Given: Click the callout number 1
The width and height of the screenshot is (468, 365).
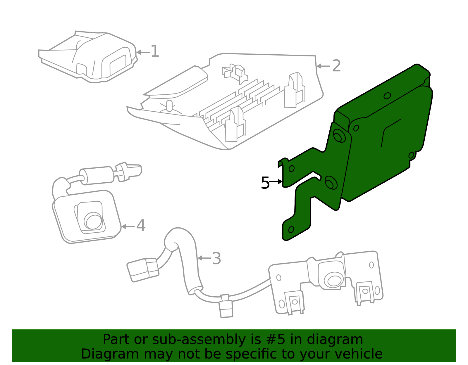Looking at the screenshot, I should click(x=155, y=51).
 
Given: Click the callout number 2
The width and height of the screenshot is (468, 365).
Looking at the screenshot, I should click(x=336, y=66).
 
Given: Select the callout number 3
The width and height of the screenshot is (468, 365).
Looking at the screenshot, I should click(x=216, y=259).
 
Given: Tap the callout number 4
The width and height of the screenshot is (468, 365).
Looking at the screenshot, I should click(x=141, y=226).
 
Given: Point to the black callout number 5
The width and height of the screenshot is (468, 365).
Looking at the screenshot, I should click(x=265, y=183).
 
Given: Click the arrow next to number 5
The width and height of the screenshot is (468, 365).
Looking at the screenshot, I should click(x=276, y=182).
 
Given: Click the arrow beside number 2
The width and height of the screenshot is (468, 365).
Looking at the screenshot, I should click(x=323, y=66).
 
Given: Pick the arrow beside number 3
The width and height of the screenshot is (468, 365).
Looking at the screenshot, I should click(x=204, y=258).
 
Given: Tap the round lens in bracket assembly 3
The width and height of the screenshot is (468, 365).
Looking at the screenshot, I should click(x=333, y=280).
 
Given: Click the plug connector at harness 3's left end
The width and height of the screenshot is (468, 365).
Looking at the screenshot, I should click(x=143, y=269).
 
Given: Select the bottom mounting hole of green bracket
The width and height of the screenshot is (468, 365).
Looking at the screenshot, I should click(x=291, y=229).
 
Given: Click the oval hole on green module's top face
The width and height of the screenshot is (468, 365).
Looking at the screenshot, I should click(x=387, y=96).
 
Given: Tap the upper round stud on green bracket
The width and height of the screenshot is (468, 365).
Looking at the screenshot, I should click(x=339, y=136).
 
